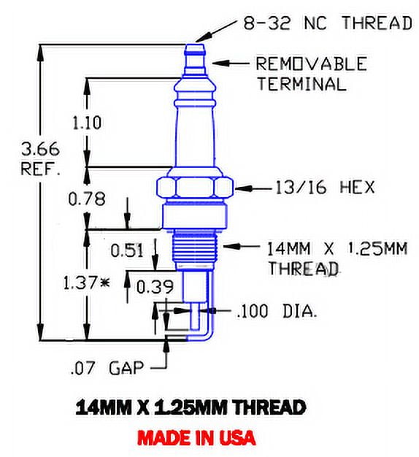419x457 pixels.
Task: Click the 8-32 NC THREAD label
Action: tap(327, 23)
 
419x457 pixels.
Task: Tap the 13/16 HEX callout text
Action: tap(326, 188)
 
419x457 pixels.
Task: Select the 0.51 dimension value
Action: tap(128, 250)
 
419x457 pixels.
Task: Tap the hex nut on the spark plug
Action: tap(194, 186)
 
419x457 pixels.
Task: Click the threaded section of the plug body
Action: tap(194, 248)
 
